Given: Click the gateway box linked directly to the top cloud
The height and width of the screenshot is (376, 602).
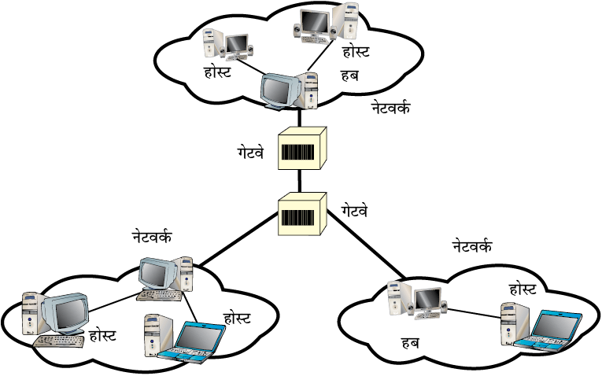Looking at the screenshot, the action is [302, 148].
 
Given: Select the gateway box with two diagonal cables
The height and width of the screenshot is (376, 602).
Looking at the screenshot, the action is [302, 214].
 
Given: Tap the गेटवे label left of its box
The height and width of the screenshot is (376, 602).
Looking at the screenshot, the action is [250, 153].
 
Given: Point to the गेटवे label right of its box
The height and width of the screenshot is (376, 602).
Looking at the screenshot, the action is [354, 210].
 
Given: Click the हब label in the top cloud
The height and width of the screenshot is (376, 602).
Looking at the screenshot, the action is [349, 76].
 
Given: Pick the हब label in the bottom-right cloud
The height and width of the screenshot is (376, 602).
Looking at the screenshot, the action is [411, 342].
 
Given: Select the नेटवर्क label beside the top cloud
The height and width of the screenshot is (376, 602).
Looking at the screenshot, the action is [390, 107].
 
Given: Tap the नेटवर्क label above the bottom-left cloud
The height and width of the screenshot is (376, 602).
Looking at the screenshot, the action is [152, 236].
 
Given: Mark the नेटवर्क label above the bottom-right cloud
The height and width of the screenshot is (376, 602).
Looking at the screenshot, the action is [472, 245].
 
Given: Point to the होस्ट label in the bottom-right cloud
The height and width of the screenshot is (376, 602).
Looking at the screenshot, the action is [523, 289].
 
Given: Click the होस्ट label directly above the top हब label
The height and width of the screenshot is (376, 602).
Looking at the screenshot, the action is [356, 50].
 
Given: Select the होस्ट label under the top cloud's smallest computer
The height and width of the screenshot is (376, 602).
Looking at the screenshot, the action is [217, 72].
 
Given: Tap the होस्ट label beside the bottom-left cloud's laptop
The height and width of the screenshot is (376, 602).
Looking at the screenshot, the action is [237, 318].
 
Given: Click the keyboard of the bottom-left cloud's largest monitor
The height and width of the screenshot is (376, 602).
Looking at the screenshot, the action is [59, 341].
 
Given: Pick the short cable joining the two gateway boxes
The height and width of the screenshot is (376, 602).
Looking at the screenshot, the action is [300, 181].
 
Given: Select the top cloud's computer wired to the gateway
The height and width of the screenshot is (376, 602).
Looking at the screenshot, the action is [290, 90].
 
